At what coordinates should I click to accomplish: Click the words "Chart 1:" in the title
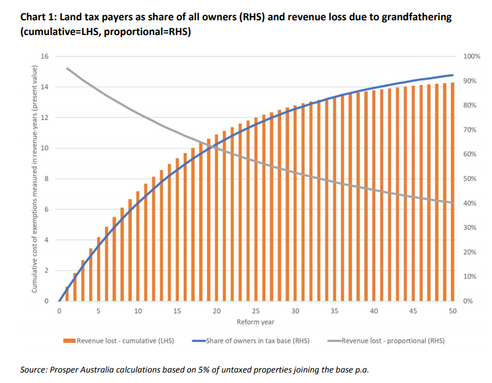pos(39,17)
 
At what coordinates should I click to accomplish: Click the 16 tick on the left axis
pos(44,57)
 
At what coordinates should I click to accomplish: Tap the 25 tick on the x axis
pos(256,312)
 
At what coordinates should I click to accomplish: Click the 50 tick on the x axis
pos(453,312)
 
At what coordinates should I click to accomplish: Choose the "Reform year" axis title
pos(256,322)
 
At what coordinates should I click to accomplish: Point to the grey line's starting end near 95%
pos(67,68)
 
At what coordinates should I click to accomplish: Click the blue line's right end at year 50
pos(453,75)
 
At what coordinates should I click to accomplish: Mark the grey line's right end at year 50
pos(453,203)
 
